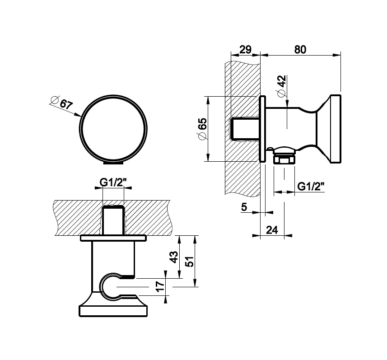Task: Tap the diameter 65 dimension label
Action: point(202,129)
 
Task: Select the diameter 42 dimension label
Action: point(281,86)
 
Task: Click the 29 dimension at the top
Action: point(245,49)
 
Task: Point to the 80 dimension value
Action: point(300,49)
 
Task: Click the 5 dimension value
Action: point(244,207)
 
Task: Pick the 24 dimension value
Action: point(272,230)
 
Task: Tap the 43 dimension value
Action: point(174,257)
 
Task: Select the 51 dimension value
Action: point(190,261)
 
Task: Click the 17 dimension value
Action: point(160,286)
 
